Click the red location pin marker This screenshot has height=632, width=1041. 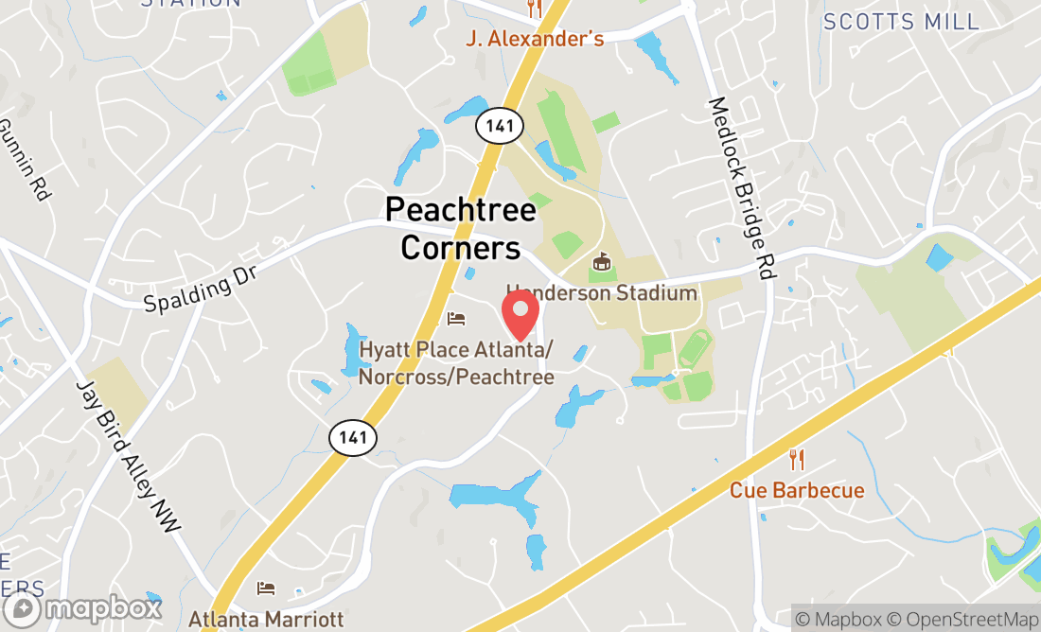tap(520, 315)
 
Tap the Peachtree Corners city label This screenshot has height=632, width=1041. tap(461, 228)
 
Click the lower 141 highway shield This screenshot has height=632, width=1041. tap(353, 437)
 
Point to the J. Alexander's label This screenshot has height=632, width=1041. tap(535, 39)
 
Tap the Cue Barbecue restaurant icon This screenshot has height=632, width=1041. tap(797, 461)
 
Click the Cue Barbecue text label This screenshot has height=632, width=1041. tap(797, 490)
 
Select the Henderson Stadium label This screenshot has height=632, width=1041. tap(602, 292)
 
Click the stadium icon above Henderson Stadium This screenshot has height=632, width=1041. tap(600, 260)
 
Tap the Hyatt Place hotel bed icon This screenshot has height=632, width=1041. tap(456, 319)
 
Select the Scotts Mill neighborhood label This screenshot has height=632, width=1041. tap(900, 22)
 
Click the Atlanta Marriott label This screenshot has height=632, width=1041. tap(266, 620)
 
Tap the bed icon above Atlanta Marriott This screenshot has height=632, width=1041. tap(266, 588)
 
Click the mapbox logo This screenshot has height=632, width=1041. tap(81, 610)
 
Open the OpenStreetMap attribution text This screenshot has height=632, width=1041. tap(969, 620)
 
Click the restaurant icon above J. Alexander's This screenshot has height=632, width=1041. tap(535, 9)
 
